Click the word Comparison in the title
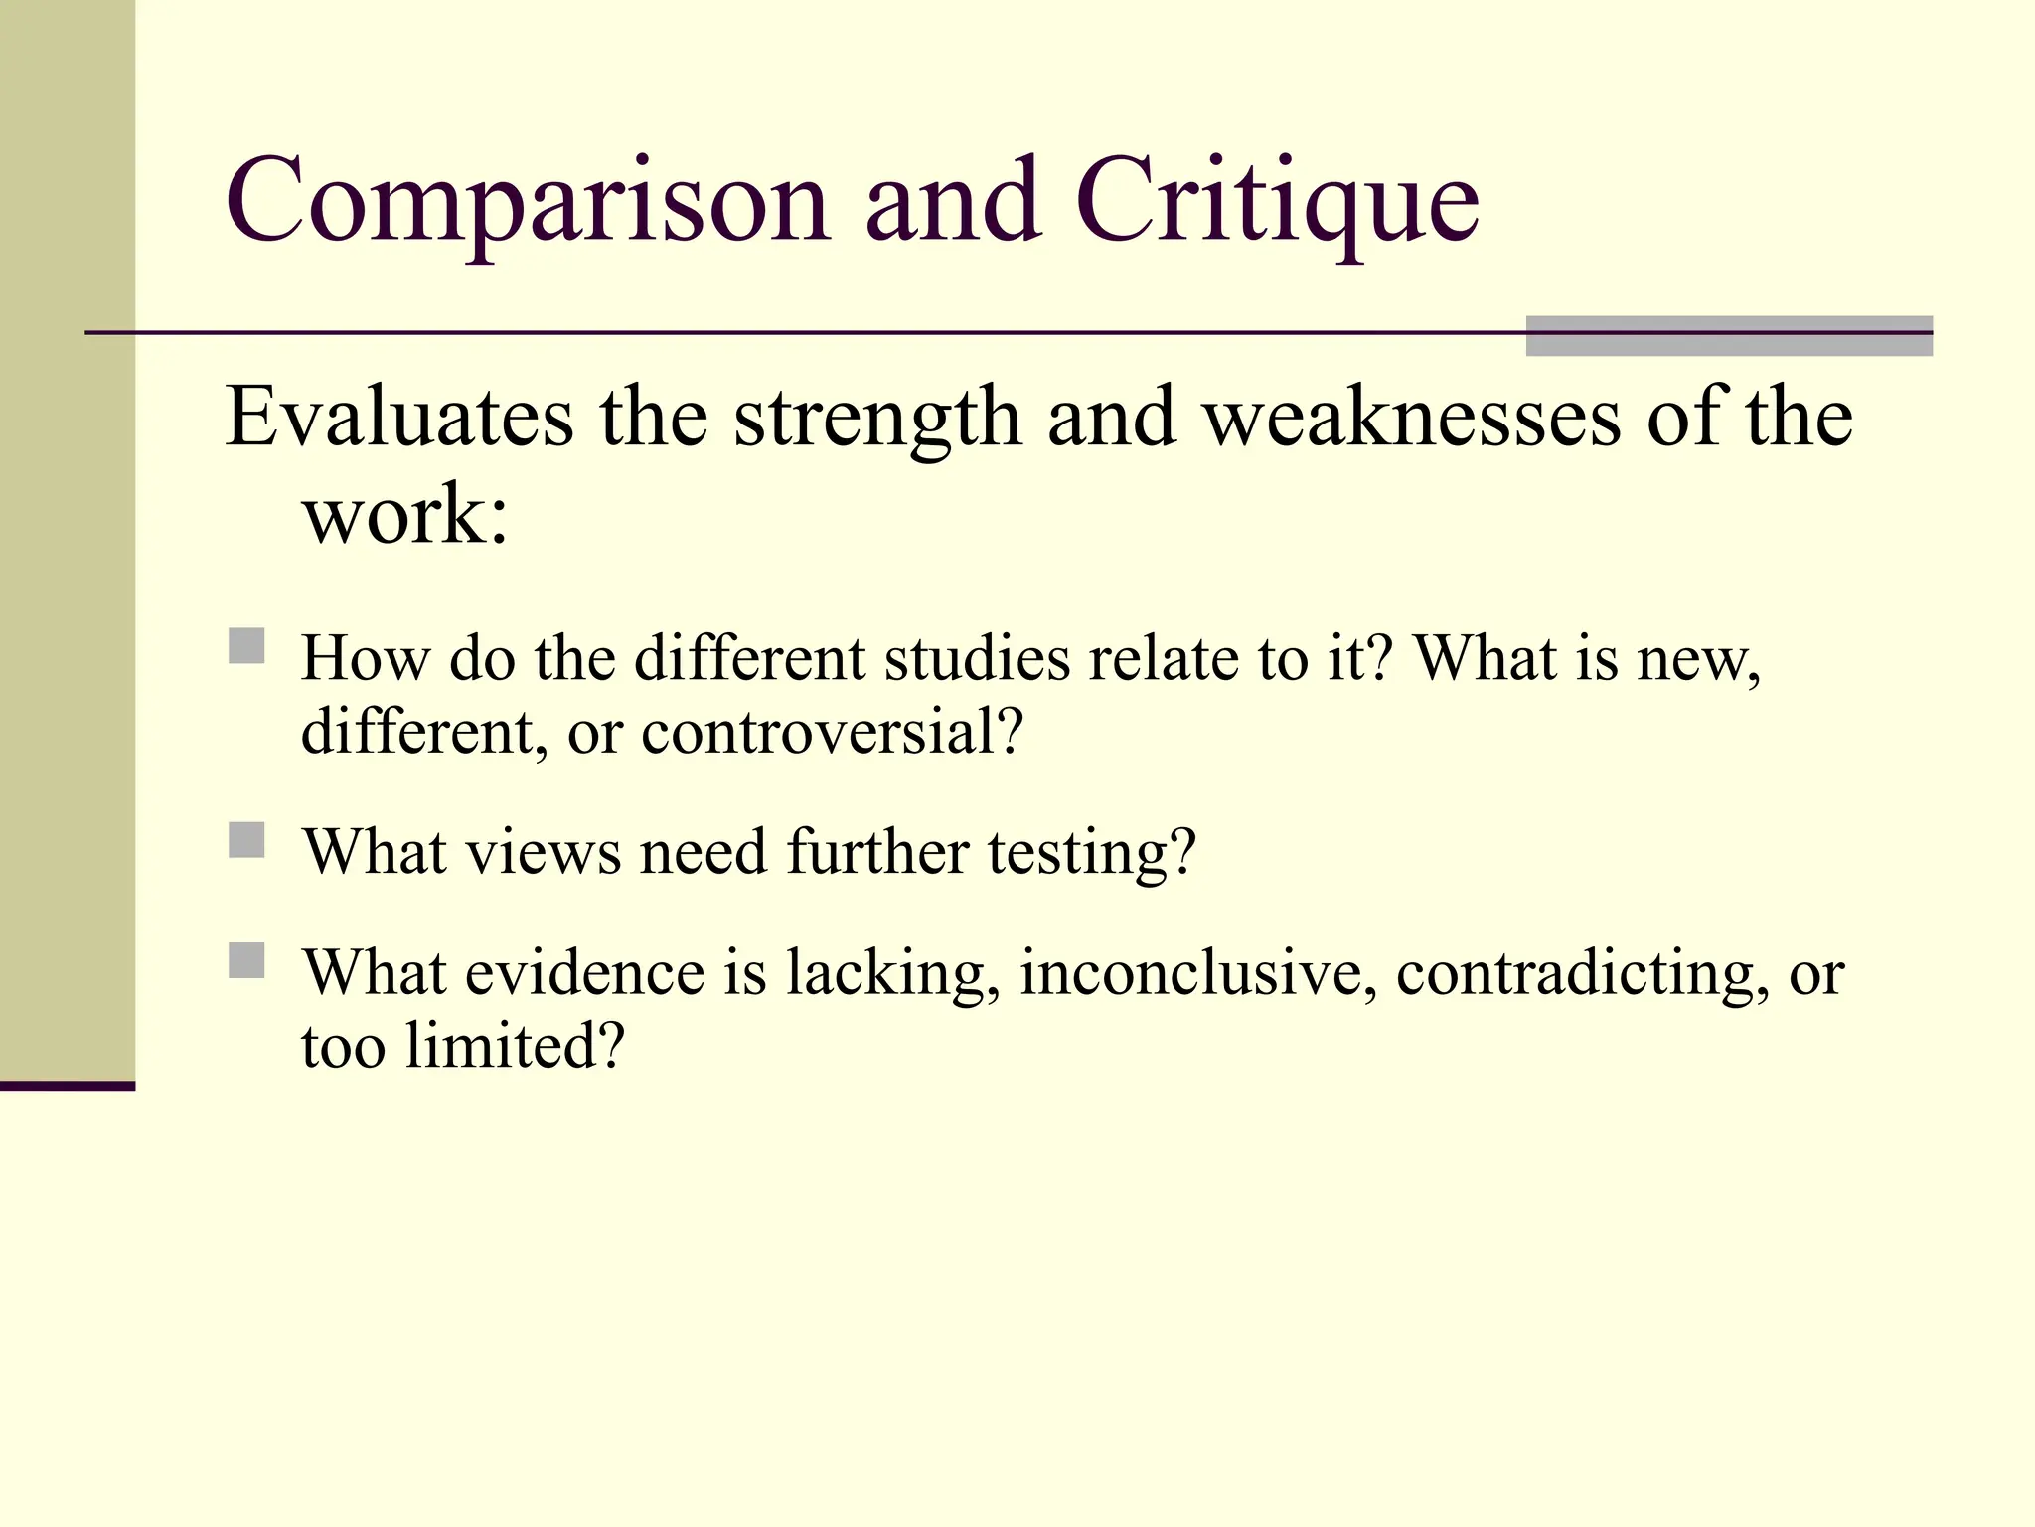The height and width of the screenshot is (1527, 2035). [528, 204]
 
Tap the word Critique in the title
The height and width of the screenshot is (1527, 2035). [1277, 204]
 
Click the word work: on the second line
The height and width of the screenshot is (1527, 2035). [405, 517]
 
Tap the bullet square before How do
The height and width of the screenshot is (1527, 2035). [246, 646]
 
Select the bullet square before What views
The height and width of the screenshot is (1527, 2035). [246, 840]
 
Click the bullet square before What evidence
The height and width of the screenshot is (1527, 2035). [246, 961]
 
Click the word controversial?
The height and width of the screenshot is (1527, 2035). [832, 733]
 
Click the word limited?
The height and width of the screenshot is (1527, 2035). [515, 1047]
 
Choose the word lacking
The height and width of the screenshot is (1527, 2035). [892, 975]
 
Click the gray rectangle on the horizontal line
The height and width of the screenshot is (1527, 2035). [1728, 336]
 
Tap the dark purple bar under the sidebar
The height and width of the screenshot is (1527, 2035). [67, 1086]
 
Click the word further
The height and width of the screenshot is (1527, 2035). [877, 853]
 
